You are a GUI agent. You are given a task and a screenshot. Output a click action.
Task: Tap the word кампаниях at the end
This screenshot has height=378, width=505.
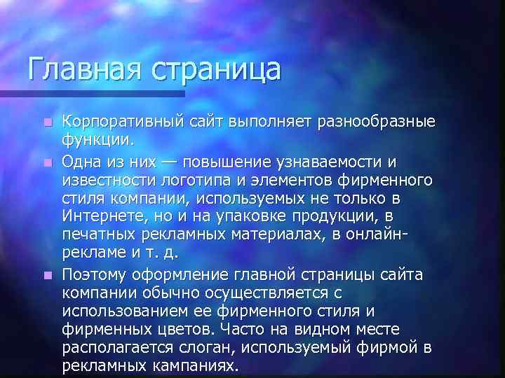pos(193,366)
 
